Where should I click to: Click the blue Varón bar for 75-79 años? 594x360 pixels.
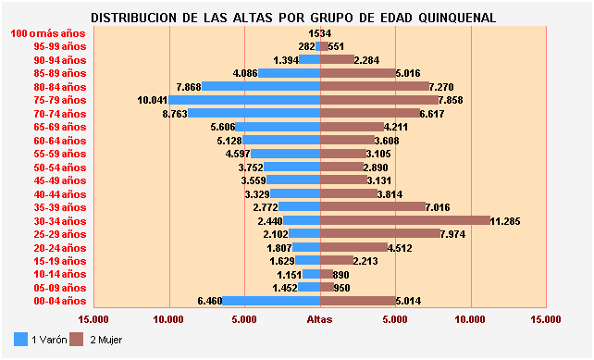(244, 100)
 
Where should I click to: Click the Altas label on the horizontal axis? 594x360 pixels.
(320, 319)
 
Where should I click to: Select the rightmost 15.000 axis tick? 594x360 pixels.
(546, 319)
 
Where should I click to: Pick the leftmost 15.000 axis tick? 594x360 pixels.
(93, 319)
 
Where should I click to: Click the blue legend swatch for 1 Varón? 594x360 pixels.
(21, 340)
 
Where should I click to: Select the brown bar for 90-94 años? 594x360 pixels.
(337, 60)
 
